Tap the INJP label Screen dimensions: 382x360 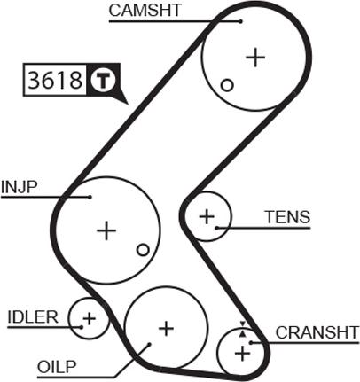[x=19, y=187]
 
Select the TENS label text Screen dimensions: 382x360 [x=287, y=217]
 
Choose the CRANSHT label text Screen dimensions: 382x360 [x=316, y=332]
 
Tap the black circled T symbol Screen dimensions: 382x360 [x=103, y=81]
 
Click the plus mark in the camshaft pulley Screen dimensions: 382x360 [x=255, y=58]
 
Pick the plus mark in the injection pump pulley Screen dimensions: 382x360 [x=106, y=230]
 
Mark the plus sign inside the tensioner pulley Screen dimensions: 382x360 [x=207, y=214]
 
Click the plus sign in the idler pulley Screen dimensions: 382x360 [x=89, y=316]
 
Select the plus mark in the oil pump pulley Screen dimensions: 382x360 [x=165, y=328]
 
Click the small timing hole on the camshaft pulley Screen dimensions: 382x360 [x=227, y=85]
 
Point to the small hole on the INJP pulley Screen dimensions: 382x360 [x=142, y=249]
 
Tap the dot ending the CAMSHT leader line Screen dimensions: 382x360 [x=239, y=20]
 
